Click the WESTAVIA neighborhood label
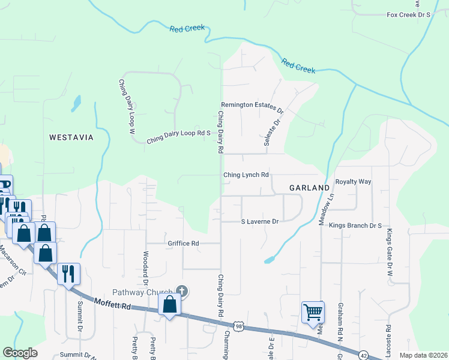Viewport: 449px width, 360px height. point(71,137)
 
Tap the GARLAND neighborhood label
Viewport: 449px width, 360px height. point(309,188)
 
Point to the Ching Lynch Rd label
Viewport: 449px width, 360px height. point(246,175)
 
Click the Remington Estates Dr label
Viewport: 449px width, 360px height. point(252,107)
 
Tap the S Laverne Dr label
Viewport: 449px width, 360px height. point(260,221)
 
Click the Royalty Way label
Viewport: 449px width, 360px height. point(354,181)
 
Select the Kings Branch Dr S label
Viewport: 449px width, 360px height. point(355,226)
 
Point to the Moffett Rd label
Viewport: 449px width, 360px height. point(112,305)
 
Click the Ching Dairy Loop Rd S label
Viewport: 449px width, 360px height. point(179,137)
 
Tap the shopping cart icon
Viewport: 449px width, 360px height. point(312,311)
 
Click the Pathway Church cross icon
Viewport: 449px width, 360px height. point(182,292)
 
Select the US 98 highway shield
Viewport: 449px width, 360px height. point(238,325)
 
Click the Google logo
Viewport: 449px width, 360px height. point(20,353)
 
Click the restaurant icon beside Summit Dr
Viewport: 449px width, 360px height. point(68,274)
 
